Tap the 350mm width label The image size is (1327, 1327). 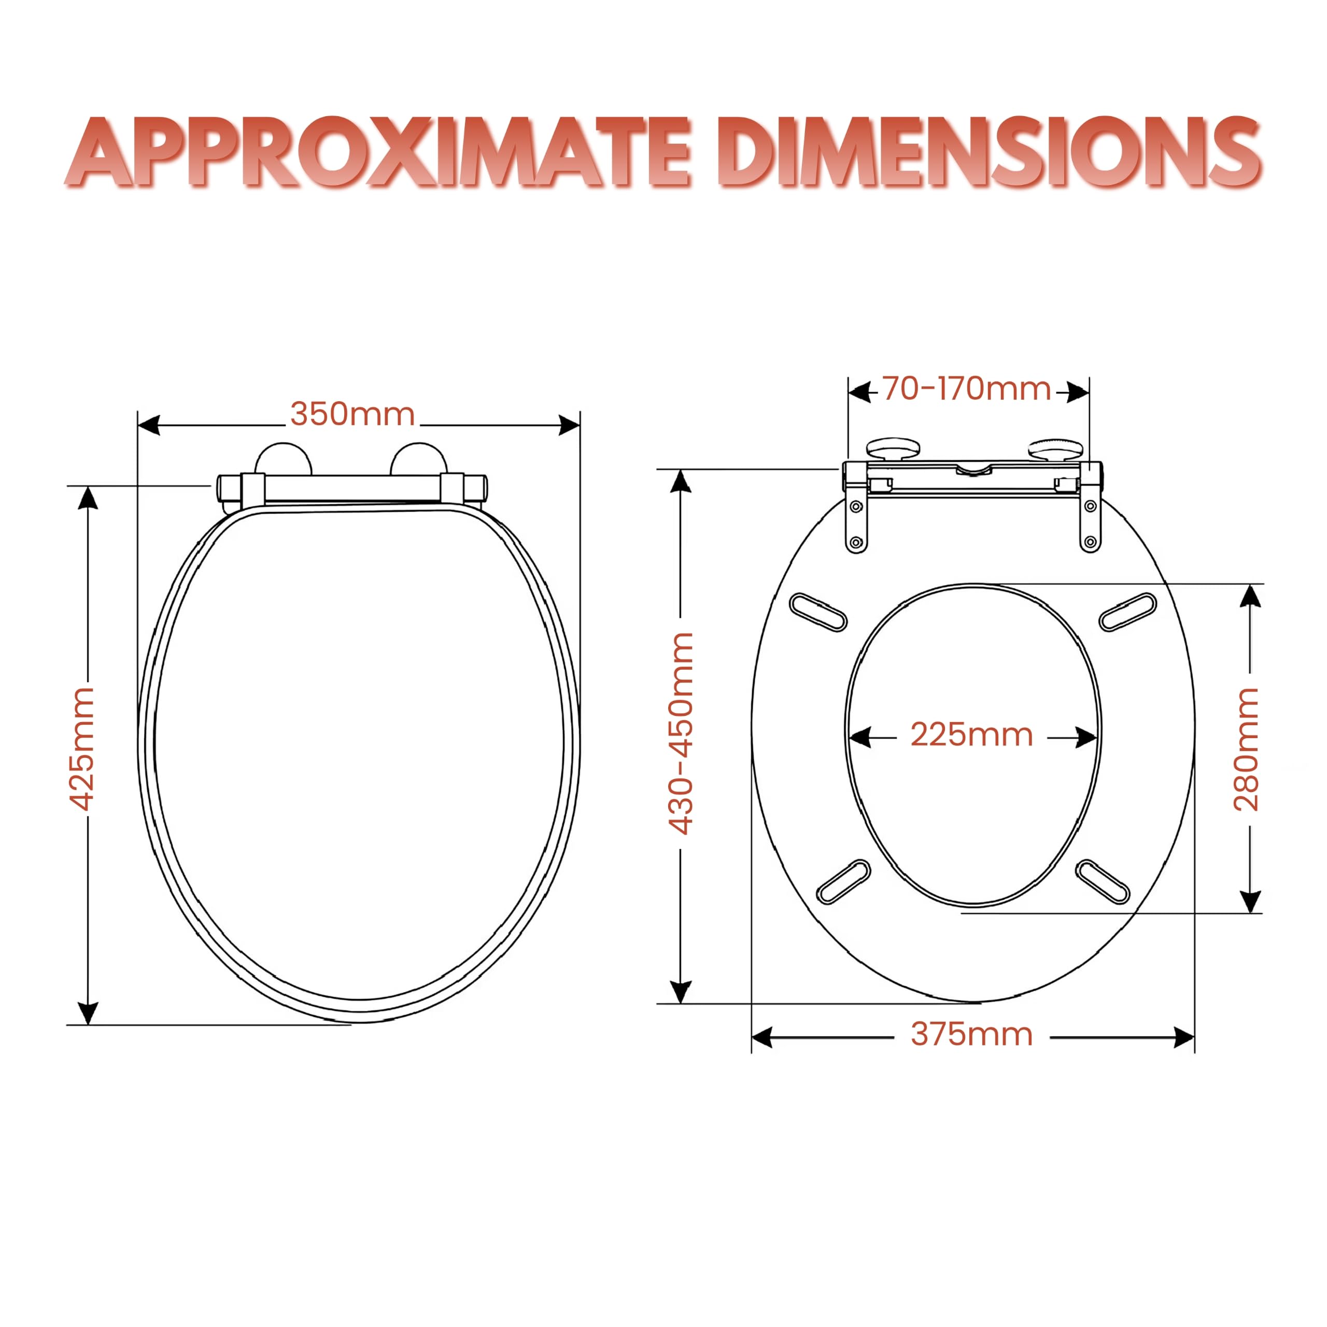point(352,414)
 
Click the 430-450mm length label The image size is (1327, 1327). point(681,733)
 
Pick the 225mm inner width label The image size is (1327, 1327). point(971,735)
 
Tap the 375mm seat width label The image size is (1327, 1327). point(972,1035)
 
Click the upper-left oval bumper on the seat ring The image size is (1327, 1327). point(818,612)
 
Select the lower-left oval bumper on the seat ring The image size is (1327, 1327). point(843,881)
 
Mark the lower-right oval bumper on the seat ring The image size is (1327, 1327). point(1103,881)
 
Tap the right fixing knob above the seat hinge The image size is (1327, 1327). point(1054,449)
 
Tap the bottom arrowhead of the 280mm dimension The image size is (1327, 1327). point(1251,901)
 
